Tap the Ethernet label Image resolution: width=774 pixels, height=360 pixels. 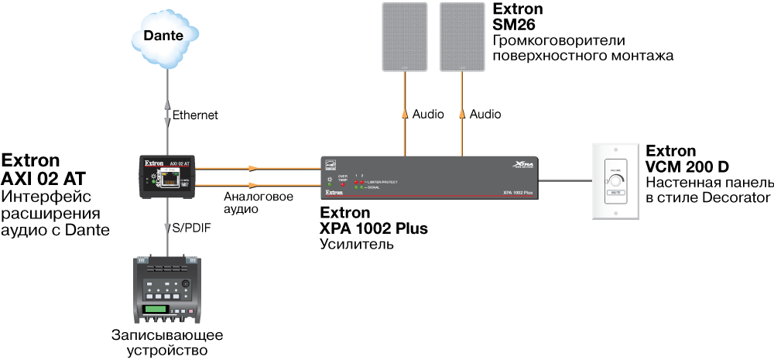195,115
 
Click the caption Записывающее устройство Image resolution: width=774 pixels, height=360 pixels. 167,343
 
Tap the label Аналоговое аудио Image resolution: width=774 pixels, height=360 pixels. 258,203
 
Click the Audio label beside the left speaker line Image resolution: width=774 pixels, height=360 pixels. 428,115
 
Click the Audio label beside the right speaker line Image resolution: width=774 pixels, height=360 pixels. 485,115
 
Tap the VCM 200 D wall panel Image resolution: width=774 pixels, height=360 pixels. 615,182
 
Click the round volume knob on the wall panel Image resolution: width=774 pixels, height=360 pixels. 615,180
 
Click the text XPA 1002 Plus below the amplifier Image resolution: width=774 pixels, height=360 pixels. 373,229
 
